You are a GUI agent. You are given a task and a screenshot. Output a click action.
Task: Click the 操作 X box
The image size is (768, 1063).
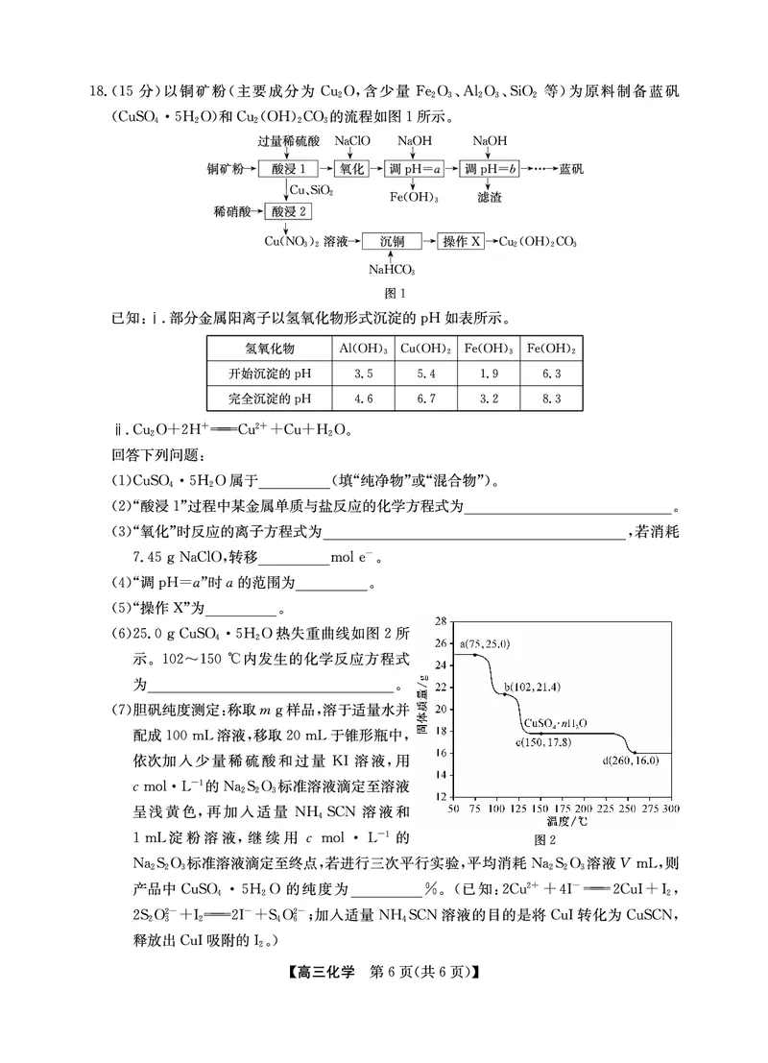(x=464, y=240)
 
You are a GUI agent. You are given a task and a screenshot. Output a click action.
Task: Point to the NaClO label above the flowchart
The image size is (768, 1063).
(x=352, y=140)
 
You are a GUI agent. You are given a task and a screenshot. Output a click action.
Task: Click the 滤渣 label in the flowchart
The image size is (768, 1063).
(x=489, y=197)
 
